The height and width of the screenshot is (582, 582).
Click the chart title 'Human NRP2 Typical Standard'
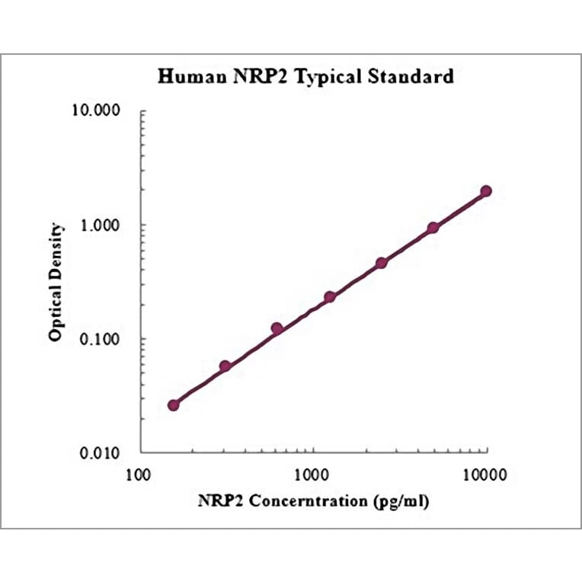(x=305, y=77)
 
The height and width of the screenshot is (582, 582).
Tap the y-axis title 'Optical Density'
(x=56, y=281)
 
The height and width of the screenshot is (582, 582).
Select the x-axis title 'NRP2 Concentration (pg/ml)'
(x=313, y=501)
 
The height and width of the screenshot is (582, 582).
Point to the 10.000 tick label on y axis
(x=101, y=112)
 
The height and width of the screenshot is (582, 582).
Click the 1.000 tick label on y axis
(x=104, y=225)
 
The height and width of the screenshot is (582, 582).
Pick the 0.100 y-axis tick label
(x=104, y=339)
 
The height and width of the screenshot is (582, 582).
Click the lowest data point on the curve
(x=174, y=405)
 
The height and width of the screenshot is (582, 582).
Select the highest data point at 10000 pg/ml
(x=486, y=191)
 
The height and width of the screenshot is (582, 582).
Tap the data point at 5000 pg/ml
(x=433, y=228)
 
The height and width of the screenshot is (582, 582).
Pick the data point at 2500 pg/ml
(x=382, y=263)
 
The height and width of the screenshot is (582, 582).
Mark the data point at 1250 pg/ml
(x=330, y=297)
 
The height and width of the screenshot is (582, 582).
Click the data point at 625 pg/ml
(x=277, y=328)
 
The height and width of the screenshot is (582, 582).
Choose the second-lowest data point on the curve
(x=225, y=366)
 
